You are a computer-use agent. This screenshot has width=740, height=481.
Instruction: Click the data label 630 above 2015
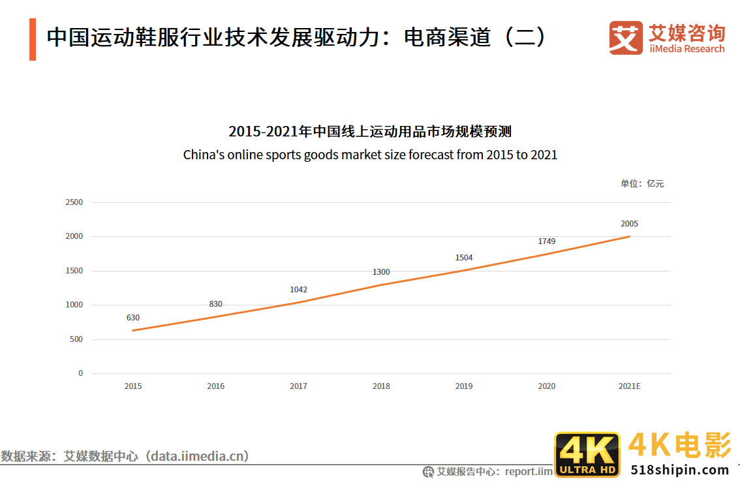(133, 318)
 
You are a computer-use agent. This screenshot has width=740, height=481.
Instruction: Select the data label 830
(215, 304)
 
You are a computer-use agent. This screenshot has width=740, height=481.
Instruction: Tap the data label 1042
(298, 290)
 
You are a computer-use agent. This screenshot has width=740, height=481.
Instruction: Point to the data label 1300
(381, 272)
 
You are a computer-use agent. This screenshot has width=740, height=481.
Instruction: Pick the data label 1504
(464, 258)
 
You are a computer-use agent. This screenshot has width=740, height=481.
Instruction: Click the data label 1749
(547, 241)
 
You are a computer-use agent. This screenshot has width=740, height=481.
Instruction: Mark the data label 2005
(629, 224)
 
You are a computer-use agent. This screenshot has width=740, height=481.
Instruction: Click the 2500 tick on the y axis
(74, 202)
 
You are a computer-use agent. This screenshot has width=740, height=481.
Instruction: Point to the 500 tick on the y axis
(76, 339)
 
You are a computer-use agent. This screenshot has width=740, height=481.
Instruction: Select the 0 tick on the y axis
(81, 373)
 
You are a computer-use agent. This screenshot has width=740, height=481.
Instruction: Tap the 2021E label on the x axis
(629, 386)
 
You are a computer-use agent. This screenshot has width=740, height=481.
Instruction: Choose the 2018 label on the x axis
(381, 386)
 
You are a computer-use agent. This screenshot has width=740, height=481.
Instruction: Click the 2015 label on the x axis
(133, 386)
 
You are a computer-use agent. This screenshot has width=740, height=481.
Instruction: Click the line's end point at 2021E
(629, 236)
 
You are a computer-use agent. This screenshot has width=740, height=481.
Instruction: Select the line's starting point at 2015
(133, 330)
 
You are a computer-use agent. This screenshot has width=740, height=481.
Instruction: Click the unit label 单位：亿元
(642, 184)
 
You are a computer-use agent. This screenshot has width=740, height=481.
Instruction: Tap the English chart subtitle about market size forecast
(370, 155)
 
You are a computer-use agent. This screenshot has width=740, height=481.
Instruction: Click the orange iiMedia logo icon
(626, 38)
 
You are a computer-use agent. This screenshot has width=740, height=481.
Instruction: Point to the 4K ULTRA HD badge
(587, 454)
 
